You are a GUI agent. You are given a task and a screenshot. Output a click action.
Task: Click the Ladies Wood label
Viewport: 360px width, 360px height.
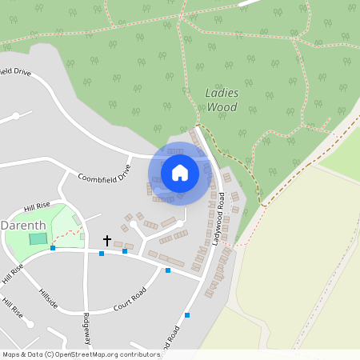click(222, 99)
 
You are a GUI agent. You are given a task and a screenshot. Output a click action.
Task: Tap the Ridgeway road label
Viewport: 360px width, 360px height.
click(86, 328)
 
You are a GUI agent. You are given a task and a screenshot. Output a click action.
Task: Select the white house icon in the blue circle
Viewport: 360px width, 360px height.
click(180, 173)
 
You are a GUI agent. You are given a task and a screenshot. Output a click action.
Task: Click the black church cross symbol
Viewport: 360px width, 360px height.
click(107, 240)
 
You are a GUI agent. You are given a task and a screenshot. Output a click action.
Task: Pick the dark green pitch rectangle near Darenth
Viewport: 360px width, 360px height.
click(38, 238)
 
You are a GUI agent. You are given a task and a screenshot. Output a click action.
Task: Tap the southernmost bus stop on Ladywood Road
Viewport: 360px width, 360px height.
click(187, 315)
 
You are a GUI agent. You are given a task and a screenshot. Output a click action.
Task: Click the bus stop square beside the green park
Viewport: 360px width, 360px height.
click(53, 248)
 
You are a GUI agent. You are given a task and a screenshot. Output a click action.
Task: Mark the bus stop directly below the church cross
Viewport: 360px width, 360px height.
click(102, 254)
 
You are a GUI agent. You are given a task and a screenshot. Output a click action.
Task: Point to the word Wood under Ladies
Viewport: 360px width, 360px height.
click(222, 107)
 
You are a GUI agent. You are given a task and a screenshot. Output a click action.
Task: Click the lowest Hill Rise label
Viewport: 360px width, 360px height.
click(11, 308)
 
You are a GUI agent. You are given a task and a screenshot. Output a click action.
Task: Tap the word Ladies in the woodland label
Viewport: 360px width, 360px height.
click(222, 92)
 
